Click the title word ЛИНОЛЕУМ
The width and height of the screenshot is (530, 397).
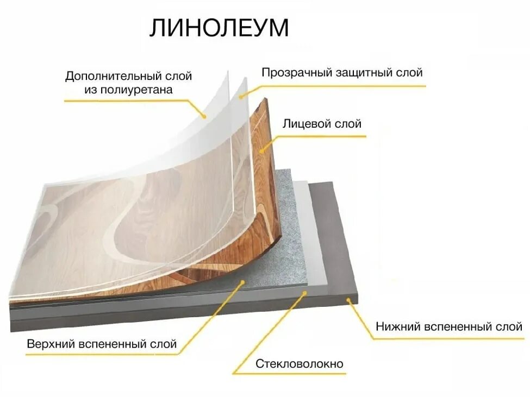point(219,28)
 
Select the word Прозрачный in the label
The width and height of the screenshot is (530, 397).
point(291,72)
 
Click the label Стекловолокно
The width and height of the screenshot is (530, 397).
point(300,363)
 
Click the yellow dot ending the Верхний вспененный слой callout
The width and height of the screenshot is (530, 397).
point(242,281)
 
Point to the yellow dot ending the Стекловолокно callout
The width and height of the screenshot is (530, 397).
point(305,293)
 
